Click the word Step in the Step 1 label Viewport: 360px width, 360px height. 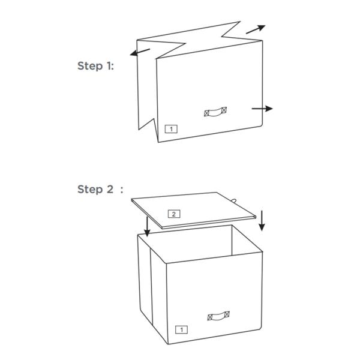coord(90,66)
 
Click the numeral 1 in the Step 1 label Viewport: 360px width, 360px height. coord(109,65)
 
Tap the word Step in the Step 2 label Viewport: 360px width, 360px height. coord(90,190)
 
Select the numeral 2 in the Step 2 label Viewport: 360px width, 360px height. coord(110,189)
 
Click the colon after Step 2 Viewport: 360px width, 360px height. coord(122,190)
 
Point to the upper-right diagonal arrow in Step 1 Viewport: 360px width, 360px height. coord(256,29)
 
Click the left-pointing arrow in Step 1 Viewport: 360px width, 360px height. coord(140,52)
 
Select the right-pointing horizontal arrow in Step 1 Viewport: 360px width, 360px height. coord(262,109)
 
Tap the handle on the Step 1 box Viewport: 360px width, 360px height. coord(215,112)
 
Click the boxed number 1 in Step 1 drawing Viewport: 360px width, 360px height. coord(171,129)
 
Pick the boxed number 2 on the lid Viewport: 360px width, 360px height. coord(174,214)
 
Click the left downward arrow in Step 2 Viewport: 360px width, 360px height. coord(147,226)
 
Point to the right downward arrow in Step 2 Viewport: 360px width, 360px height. coord(262,221)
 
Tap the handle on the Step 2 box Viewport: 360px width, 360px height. coord(218,316)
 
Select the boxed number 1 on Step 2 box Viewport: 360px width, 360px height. coord(181,329)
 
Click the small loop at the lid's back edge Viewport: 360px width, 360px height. coord(234,200)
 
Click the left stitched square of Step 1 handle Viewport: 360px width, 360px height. coord(206,113)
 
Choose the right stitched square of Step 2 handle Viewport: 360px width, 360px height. coord(227,314)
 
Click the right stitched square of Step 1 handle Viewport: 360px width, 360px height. coord(224,110)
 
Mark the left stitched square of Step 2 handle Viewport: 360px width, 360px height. coord(210,317)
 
